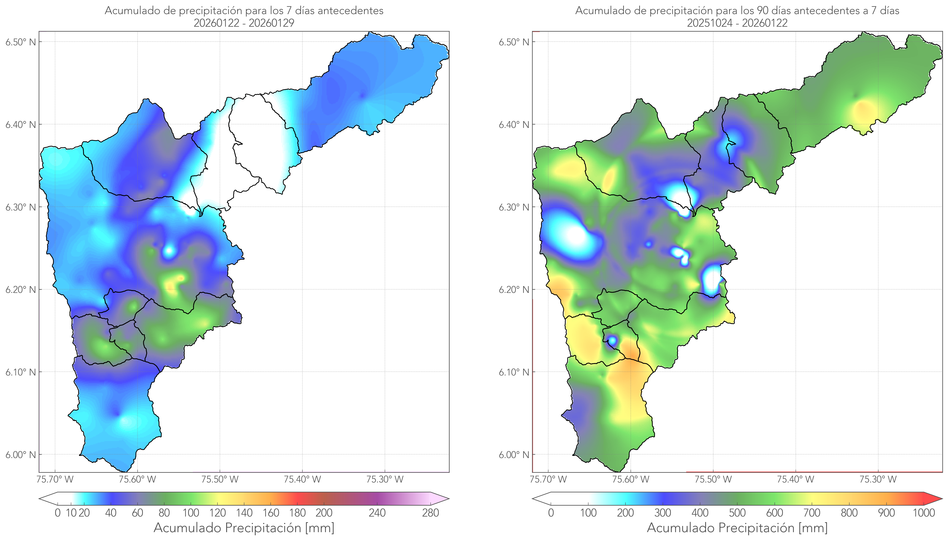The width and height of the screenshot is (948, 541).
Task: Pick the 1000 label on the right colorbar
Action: (x=924, y=513)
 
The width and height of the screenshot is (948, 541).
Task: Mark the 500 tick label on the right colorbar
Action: (x=737, y=513)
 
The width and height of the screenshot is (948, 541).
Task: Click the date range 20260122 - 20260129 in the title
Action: (x=244, y=23)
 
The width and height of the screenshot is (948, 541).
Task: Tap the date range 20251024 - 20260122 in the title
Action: (x=737, y=23)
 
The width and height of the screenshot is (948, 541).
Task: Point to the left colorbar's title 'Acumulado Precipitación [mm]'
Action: (x=244, y=528)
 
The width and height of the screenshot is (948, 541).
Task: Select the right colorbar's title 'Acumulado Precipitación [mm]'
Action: (x=737, y=528)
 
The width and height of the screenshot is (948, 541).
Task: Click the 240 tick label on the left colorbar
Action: (x=377, y=513)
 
